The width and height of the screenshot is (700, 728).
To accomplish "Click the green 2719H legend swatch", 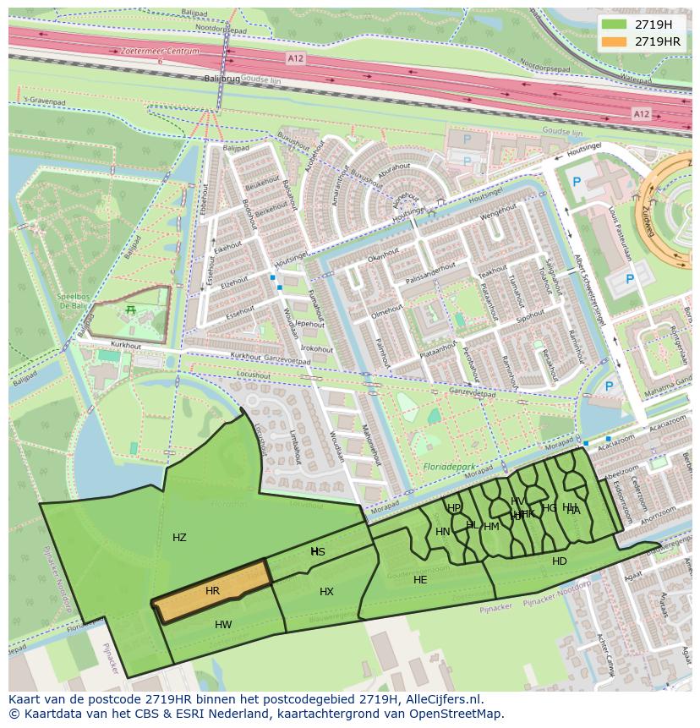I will click(x=615, y=25).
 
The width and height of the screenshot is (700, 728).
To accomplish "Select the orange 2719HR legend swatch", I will click(x=615, y=41).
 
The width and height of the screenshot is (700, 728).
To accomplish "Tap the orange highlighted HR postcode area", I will click(x=212, y=591).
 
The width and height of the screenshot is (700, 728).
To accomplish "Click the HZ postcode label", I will click(x=179, y=538).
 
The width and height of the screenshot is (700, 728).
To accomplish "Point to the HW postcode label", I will click(x=223, y=625).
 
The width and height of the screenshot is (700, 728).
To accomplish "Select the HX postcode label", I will click(x=326, y=592).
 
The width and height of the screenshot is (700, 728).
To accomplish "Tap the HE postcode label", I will click(x=420, y=580).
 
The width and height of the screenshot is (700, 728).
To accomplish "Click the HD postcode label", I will click(x=560, y=561).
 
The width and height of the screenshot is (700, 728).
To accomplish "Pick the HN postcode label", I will click(x=442, y=532).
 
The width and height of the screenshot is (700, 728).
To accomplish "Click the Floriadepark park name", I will click(x=447, y=466).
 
